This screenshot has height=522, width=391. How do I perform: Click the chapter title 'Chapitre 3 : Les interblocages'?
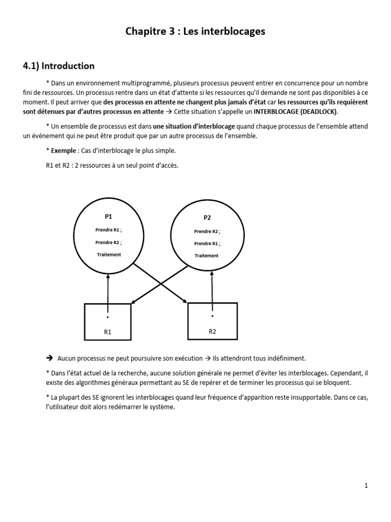click(195, 32)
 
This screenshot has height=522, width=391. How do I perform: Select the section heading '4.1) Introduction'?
click(59, 66)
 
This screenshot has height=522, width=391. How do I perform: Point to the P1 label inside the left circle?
click(108, 216)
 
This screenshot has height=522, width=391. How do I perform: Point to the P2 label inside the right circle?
click(207, 218)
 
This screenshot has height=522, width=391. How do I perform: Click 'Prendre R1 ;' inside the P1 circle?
click(108, 230)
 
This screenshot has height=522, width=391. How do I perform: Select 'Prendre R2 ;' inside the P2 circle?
click(207, 231)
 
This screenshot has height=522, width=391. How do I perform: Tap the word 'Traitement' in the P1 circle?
click(109, 254)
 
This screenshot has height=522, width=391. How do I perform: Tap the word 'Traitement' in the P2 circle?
click(207, 255)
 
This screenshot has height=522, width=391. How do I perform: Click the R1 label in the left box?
click(107, 332)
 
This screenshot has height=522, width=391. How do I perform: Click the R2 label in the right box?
click(212, 331)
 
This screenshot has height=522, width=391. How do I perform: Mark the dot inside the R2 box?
click(212, 315)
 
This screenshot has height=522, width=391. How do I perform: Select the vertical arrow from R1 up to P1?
click(108, 293)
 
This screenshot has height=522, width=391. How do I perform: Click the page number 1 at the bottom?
click(366, 486)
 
